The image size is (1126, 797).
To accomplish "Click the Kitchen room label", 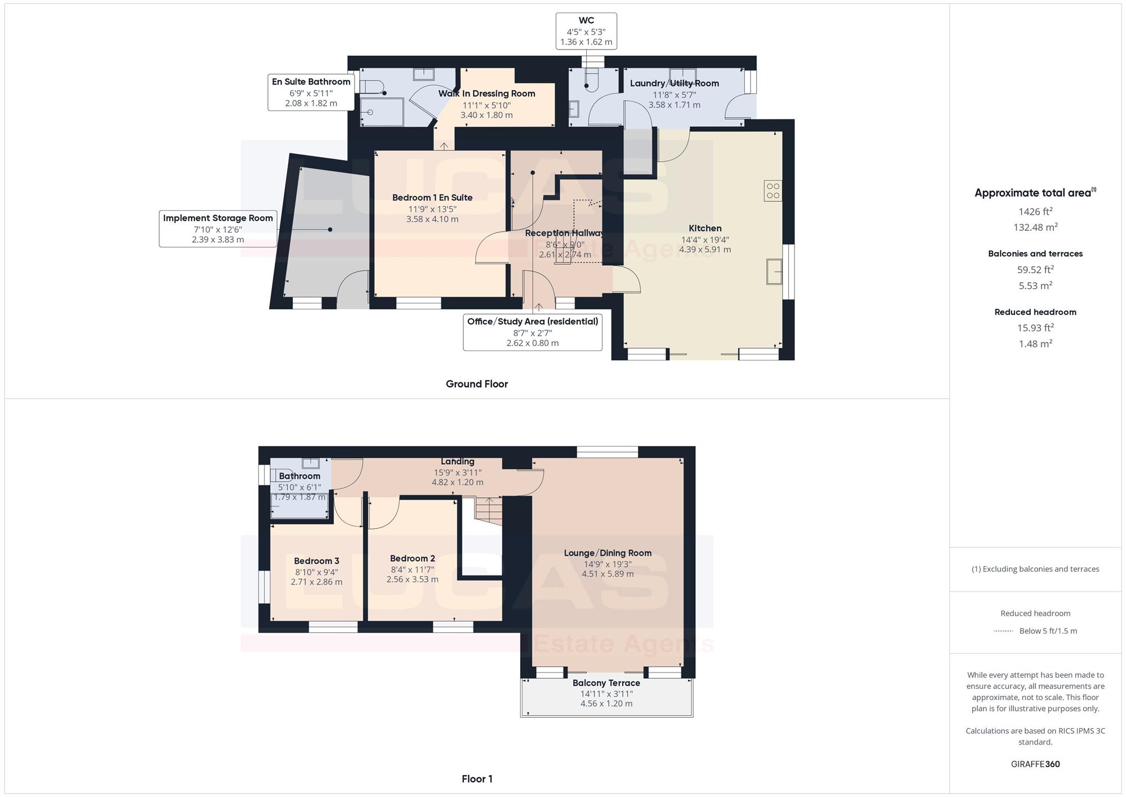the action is pyautogui.click(x=705, y=228).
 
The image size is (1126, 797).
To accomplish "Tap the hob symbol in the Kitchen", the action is pyautogui.click(x=773, y=190).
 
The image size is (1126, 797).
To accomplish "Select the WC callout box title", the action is pyautogui.click(x=586, y=20).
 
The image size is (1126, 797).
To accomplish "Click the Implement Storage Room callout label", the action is pyautogui.click(x=218, y=218).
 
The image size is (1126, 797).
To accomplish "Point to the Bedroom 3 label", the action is pyautogui.click(x=316, y=561).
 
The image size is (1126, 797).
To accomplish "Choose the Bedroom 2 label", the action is pyautogui.click(x=413, y=558).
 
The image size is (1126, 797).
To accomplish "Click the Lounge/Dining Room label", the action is pyautogui.click(x=608, y=553).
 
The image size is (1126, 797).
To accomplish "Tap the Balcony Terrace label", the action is pyautogui.click(x=606, y=683).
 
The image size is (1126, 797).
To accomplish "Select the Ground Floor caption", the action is pyautogui.click(x=477, y=384).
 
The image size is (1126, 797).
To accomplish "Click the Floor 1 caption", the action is pyautogui.click(x=477, y=779).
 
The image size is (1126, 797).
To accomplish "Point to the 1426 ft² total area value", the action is pyautogui.click(x=1035, y=211).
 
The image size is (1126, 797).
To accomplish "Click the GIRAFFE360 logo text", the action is pyautogui.click(x=1035, y=764).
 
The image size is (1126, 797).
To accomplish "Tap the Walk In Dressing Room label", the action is pyautogui.click(x=487, y=93).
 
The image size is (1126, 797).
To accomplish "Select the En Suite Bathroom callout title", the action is pyautogui.click(x=311, y=82).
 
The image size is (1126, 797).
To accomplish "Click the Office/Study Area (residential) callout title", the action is pyautogui.click(x=533, y=321).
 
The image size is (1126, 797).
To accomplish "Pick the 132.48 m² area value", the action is pyautogui.click(x=1035, y=227).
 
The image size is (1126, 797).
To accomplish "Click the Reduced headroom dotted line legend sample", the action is pyautogui.click(x=1004, y=631).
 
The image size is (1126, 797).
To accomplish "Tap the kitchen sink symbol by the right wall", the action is pyautogui.click(x=774, y=271).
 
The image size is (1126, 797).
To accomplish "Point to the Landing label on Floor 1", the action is pyautogui.click(x=458, y=461).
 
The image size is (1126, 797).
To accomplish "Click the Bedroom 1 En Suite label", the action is pyautogui.click(x=432, y=198).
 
